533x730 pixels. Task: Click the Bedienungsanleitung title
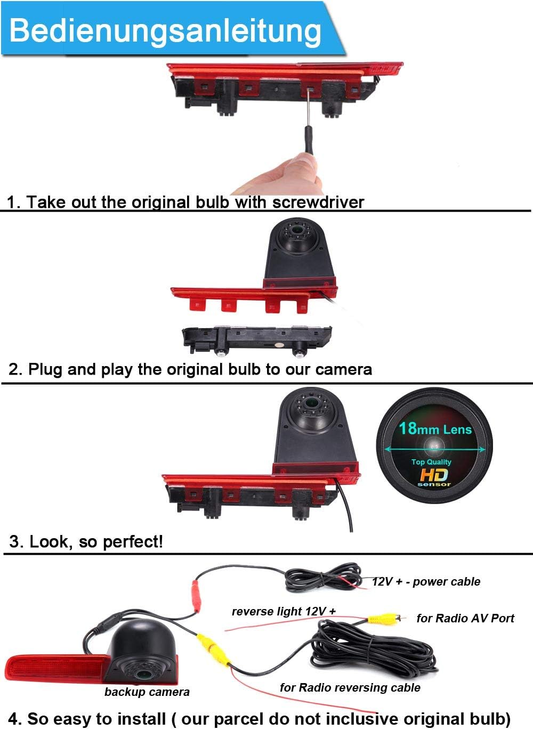point(165,31)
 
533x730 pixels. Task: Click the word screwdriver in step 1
point(318,202)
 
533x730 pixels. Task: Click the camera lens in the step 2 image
point(297,230)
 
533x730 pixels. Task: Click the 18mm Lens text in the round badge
point(435,428)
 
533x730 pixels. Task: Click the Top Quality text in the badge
point(431,462)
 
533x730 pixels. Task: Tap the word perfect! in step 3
point(133,542)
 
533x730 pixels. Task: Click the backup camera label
point(147,692)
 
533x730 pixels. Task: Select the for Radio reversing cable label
point(350,687)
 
